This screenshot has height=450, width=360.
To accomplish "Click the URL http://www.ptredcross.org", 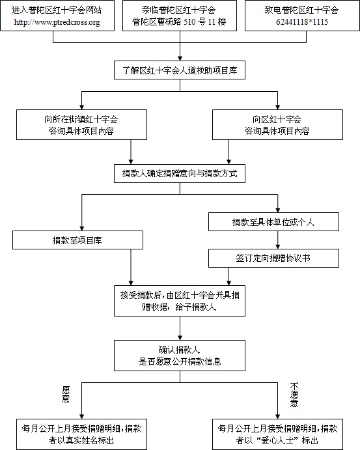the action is tap(57, 22).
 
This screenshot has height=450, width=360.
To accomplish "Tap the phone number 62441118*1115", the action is tap(302, 21).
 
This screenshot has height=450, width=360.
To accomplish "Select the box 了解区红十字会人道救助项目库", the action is tap(180, 70).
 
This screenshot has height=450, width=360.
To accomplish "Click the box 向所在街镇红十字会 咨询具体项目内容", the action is tap(82, 125).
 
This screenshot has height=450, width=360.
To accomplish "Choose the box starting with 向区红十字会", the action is tap(277, 125).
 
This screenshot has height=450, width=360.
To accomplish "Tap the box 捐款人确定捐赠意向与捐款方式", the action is tap(180, 173).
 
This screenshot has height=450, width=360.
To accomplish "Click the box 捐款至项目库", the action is tap(77, 240).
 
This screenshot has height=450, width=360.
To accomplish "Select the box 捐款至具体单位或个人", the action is tap(273, 222).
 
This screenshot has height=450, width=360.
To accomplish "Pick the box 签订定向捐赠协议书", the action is tap(273, 258).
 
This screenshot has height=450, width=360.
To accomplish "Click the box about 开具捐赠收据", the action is tap(180, 301).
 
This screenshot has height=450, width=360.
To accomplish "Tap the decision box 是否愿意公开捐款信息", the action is tap(180, 356).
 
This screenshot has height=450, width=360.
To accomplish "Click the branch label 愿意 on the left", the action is tap(66, 394).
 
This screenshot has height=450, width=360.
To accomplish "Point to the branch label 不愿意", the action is tap(294, 395).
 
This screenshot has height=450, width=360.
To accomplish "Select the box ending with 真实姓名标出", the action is tap(82, 434).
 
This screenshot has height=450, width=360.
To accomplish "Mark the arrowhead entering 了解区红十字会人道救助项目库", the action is tap(180, 58).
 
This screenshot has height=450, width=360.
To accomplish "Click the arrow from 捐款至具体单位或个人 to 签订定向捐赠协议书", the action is tap(278, 240).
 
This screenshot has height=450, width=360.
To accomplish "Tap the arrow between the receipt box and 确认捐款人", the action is tap(180, 328).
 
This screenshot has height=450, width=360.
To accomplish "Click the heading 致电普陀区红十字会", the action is tap(302, 10).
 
